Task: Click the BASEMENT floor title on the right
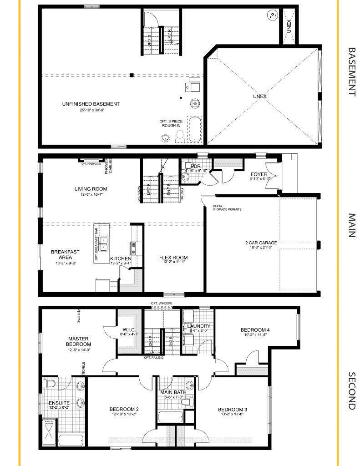click(351, 71)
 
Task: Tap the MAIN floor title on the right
click(351, 225)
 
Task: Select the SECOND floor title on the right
click(351, 391)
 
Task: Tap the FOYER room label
click(259, 174)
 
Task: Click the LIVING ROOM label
click(91, 189)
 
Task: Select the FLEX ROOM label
click(173, 258)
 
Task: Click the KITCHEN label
click(121, 259)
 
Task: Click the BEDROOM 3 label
click(232, 408)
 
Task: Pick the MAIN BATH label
click(171, 392)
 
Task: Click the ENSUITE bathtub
click(72, 441)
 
